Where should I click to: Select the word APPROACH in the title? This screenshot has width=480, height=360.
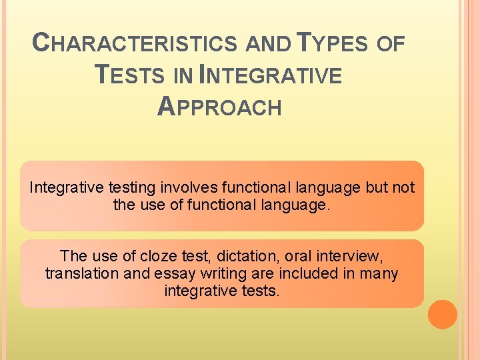point(219,107)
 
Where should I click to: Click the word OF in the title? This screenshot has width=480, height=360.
point(390,44)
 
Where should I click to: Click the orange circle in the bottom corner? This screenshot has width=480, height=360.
point(442,314)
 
